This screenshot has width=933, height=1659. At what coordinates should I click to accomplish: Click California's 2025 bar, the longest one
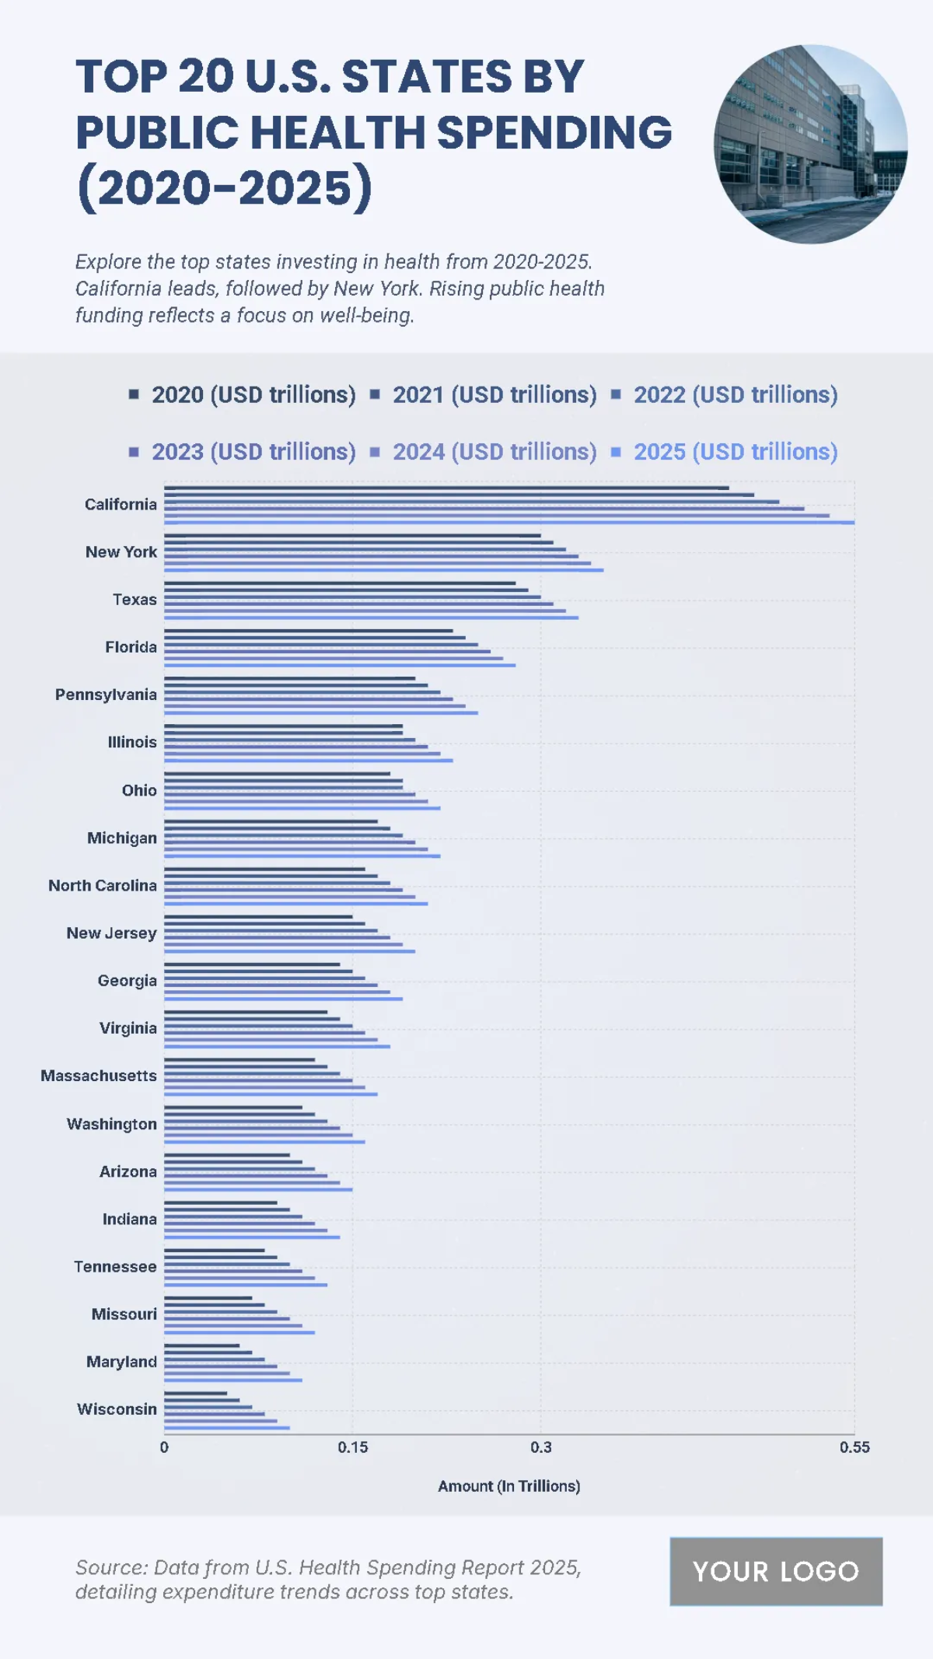pyautogui.click(x=509, y=523)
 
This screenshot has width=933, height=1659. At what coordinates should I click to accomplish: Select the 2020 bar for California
pyautogui.click(x=446, y=488)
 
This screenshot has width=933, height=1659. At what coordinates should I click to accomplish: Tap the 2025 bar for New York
pyautogui.click(x=383, y=570)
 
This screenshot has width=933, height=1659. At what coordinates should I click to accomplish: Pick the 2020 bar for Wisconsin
pyautogui.click(x=195, y=1393)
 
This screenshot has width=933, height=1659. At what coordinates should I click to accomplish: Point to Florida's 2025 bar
pyautogui.click(x=340, y=665)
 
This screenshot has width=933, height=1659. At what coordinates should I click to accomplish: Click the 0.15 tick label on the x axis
pyautogui.click(x=352, y=1447)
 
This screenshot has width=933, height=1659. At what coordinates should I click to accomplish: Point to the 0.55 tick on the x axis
pyautogui.click(x=854, y=1447)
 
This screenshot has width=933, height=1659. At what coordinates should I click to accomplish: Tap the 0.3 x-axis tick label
pyautogui.click(x=541, y=1447)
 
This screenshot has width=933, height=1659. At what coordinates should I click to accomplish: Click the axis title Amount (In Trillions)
pyautogui.click(x=508, y=1486)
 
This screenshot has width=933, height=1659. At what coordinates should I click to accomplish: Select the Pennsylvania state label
pyautogui.click(x=106, y=695)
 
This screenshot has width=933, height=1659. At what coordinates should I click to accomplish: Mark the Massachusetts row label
pyautogui.click(x=99, y=1076)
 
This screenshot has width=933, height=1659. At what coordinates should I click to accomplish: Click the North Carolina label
pyautogui.click(x=103, y=885)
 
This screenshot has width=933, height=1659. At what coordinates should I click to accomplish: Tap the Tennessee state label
pyautogui.click(x=115, y=1266)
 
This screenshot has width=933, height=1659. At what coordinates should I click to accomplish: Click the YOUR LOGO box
pyautogui.click(x=776, y=1571)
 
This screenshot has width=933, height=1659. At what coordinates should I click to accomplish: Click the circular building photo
pyautogui.click(x=810, y=144)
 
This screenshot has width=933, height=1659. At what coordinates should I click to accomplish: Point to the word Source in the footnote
pyautogui.click(x=111, y=1567)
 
